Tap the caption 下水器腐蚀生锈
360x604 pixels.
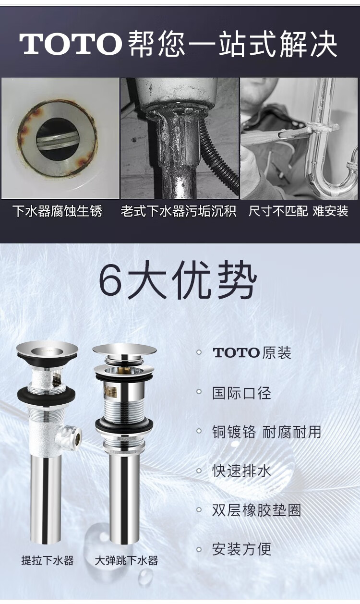point(57,211)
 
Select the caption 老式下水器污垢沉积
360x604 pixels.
point(179,211)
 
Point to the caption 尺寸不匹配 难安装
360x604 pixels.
point(298,211)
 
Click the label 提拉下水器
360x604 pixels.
point(48,560)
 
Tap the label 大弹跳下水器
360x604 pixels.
point(126,560)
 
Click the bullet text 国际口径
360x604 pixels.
point(241,393)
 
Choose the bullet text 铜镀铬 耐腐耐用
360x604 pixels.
point(266,432)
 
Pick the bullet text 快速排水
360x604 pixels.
point(241,470)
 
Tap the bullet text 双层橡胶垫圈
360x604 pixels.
point(256,510)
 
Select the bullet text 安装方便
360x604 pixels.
point(241,549)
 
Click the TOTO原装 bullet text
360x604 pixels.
point(252,353)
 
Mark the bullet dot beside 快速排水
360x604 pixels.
point(199,471)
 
